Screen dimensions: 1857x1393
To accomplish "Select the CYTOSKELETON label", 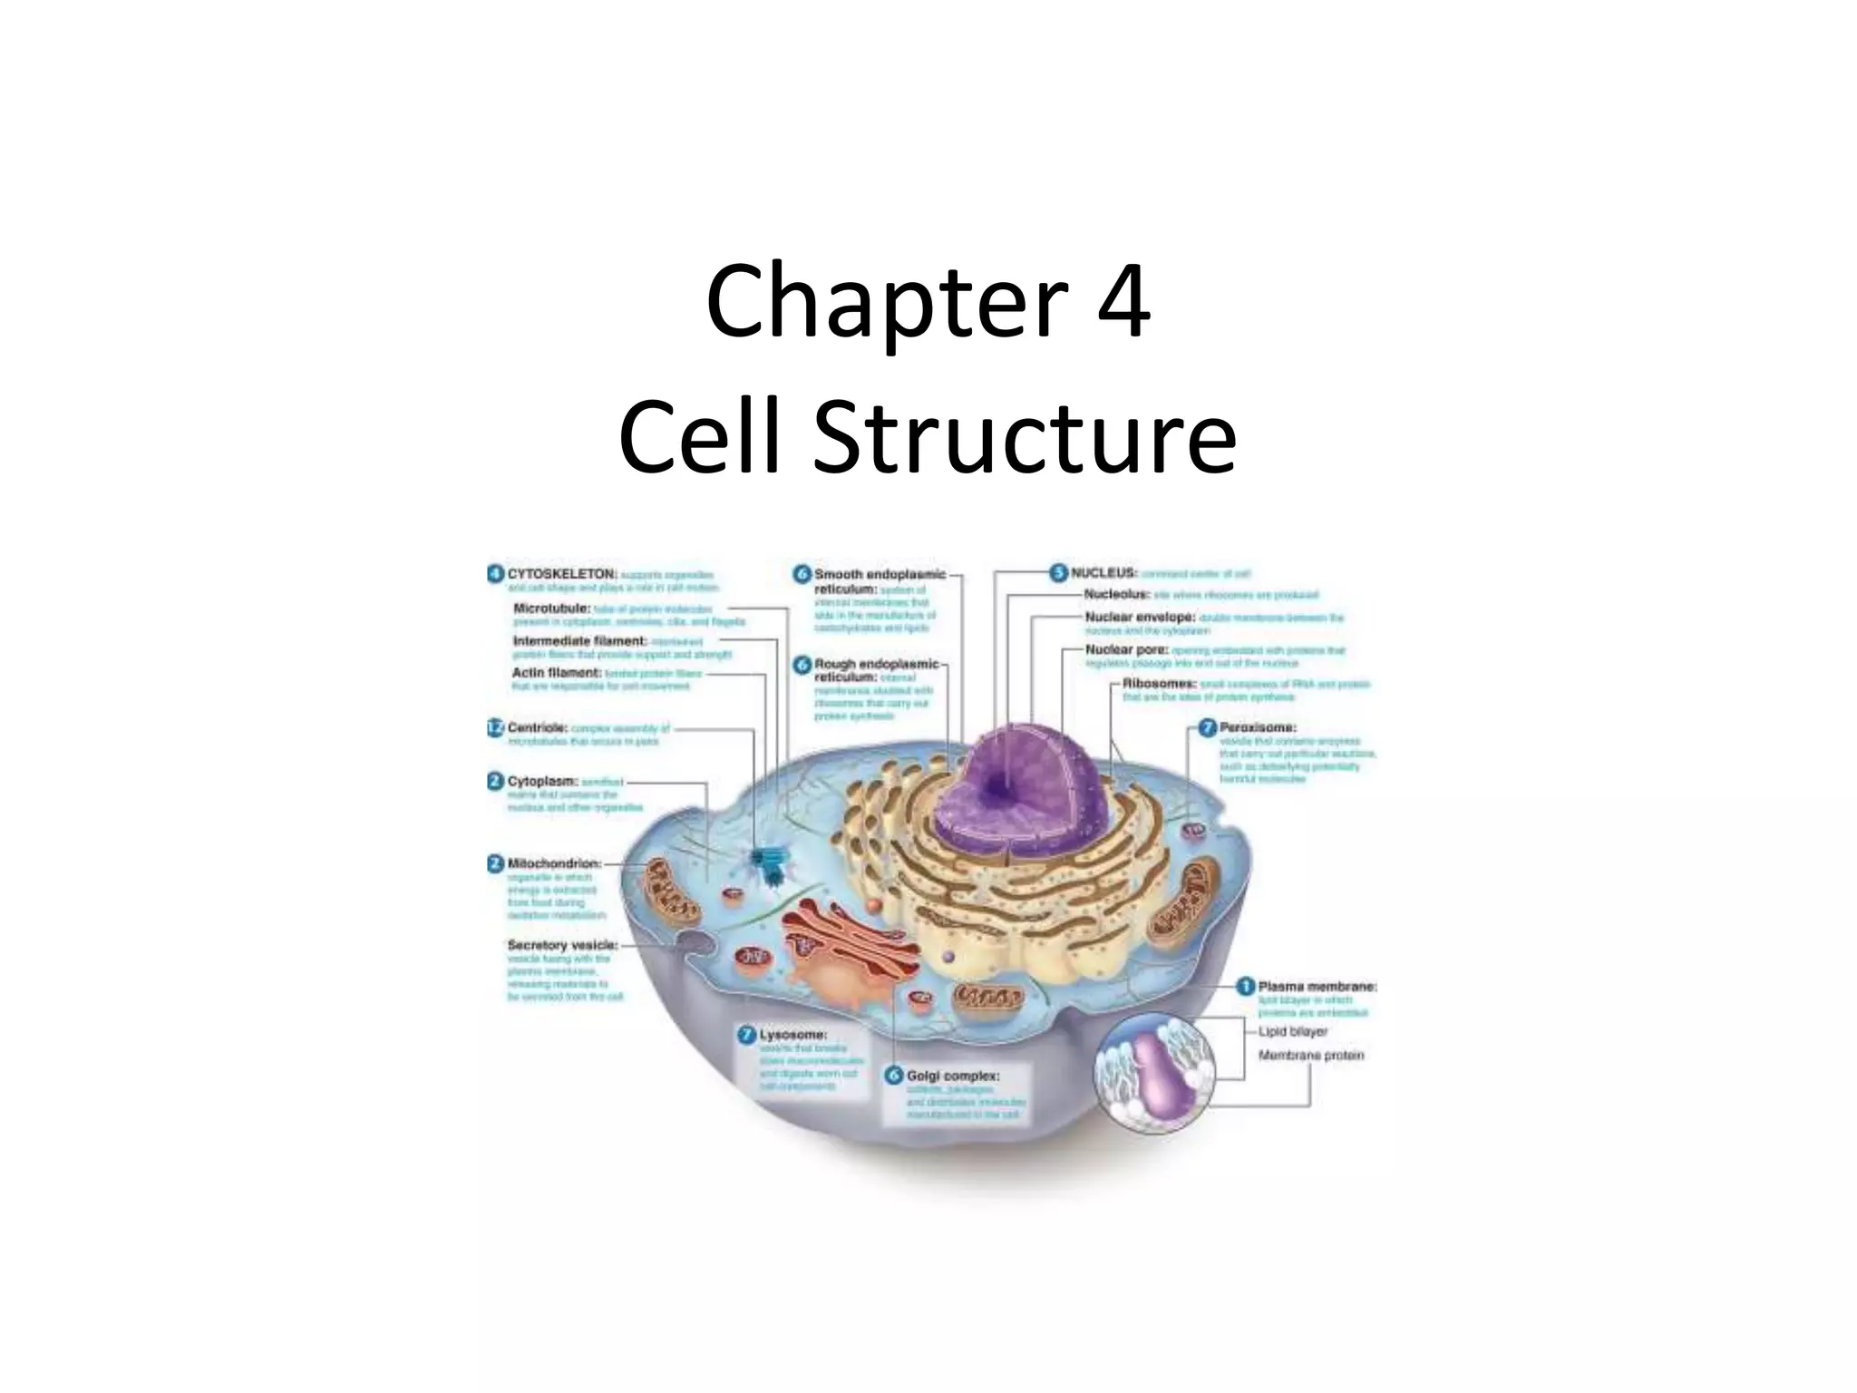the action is tap(561, 574).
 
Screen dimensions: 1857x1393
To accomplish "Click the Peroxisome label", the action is tap(1257, 727).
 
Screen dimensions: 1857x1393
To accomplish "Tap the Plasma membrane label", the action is tap(1317, 986).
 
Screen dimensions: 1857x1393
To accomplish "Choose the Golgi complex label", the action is tap(952, 1076).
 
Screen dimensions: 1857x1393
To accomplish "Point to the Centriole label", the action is tap(538, 727).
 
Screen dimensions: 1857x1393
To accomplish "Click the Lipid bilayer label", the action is tap(1292, 1031).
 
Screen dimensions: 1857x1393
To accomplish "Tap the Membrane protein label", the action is tap(1310, 1056).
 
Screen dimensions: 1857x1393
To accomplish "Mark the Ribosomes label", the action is tap(1159, 684).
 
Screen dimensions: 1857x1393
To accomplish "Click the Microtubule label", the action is tap(552, 608).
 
